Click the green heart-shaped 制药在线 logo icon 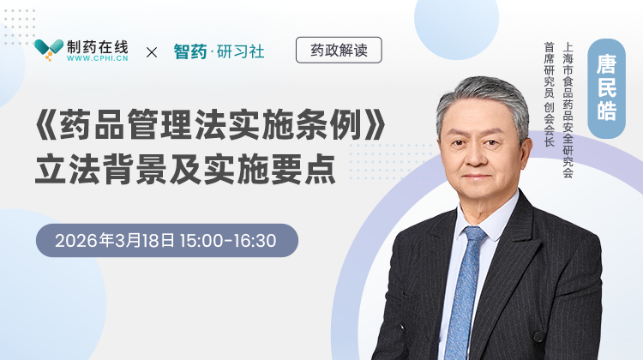49,51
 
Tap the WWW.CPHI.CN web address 98,60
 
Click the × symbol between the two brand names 152,52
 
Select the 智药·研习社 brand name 219,52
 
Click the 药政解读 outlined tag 338,51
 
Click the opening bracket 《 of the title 46,128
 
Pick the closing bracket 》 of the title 370,128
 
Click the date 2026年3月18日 113,241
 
